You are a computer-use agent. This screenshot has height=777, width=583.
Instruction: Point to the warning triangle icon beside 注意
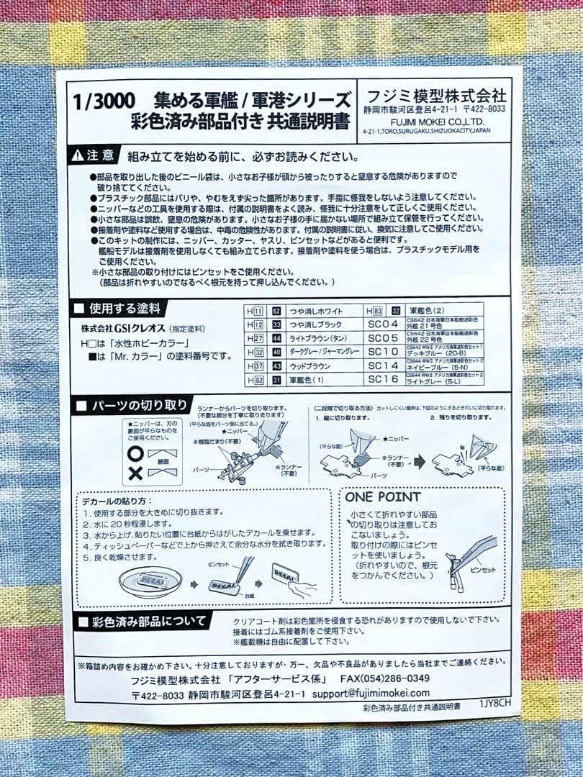click(78, 155)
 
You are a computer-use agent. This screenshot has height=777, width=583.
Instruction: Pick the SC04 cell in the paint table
click(382, 324)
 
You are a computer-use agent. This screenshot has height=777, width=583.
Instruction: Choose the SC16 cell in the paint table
click(382, 379)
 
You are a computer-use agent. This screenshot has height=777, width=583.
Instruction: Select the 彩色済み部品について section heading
click(148, 621)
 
